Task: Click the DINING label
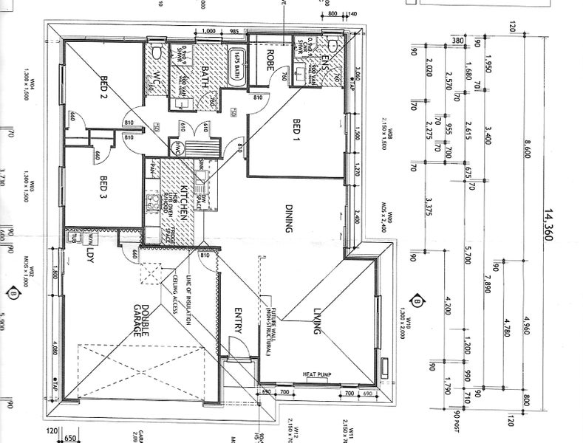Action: [289, 219]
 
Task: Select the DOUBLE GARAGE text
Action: [140, 322]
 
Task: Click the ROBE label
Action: [270, 59]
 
